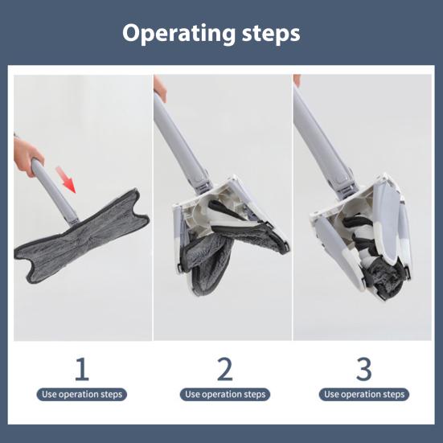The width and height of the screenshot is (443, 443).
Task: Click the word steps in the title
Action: (264, 34)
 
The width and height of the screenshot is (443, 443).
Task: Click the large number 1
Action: (80, 368)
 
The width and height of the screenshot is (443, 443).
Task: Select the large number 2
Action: (225, 368)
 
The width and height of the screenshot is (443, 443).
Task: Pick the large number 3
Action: (364, 368)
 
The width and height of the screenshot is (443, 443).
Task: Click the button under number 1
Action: (82, 394)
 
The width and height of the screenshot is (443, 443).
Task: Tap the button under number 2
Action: (226, 394)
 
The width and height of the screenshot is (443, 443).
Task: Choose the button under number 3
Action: (365, 394)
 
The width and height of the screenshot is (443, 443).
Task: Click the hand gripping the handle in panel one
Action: (28, 154)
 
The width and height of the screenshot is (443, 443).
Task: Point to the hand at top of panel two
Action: (161, 87)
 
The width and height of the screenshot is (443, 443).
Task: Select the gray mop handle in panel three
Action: (322, 137)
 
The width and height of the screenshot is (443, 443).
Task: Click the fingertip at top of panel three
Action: (297, 80)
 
